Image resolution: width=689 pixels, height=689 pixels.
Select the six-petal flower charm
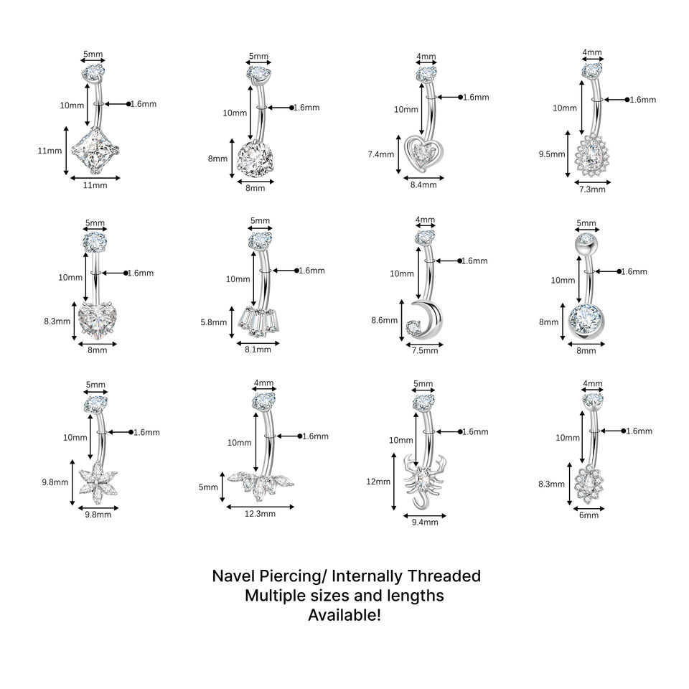click(x=98, y=482)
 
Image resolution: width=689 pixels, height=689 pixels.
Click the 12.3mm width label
click(x=260, y=514)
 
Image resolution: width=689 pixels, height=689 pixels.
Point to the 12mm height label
click(x=378, y=482)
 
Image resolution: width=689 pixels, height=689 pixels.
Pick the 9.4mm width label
click(x=425, y=522)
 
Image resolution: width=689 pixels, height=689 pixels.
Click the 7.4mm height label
click(x=381, y=154)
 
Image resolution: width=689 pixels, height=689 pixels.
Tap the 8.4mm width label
click(x=423, y=185)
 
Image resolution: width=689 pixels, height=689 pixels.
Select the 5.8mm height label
click(x=214, y=322)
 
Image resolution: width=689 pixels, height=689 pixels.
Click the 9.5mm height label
click(x=552, y=154)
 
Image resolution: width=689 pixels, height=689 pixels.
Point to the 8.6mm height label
click(x=385, y=320)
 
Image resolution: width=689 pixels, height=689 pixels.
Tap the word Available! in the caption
click(x=344, y=615)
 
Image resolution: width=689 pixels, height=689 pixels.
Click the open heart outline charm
click(x=423, y=154)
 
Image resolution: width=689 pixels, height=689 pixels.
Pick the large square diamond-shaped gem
click(x=95, y=150)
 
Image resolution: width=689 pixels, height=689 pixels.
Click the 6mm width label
click(x=589, y=515)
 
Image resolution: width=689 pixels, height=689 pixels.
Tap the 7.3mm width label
click(x=592, y=189)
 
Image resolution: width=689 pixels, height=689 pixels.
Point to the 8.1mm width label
click(x=258, y=350)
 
